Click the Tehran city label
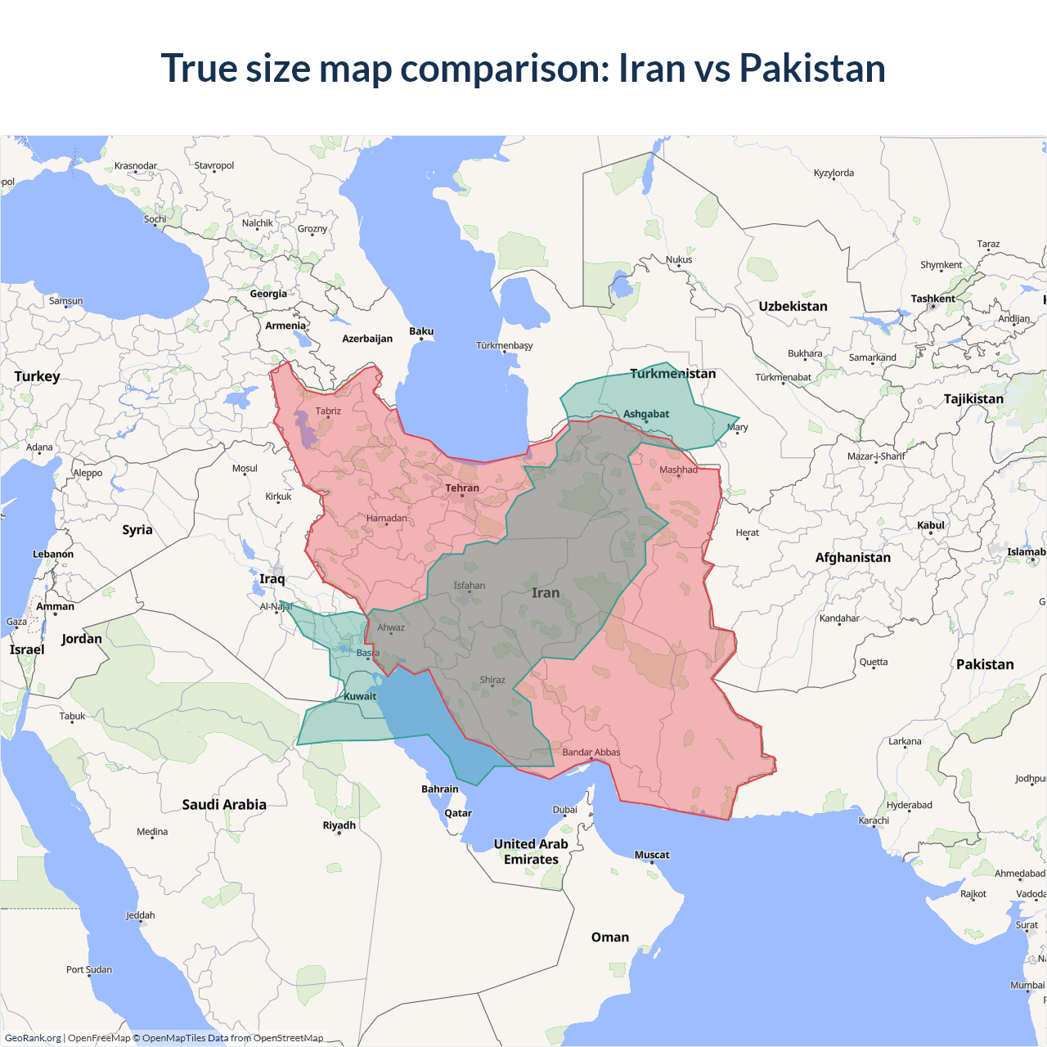(x=462, y=488)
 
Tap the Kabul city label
(x=931, y=525)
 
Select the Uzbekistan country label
(x=793, y=307)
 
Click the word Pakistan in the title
(x=811, y=68)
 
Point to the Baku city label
(x=421, y=331)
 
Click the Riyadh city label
(x=339, y=825)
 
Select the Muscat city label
(x=652, y=855)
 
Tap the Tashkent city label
(x=932, y=299)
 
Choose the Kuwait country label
(x=360, y=697)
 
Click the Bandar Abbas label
(x=591, y=753)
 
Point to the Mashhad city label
(x=678, y=470)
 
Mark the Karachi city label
(x=874, y=820)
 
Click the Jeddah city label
(x=140, y=915)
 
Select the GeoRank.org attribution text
(x=33, y=1038)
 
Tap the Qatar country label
(x=458, y=813)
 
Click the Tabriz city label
(x=328, y=411)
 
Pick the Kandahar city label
(x=839, y=618)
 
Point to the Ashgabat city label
(x=646, y=414)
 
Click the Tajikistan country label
(x=973, y=399)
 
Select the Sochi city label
(x=155, y=219)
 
